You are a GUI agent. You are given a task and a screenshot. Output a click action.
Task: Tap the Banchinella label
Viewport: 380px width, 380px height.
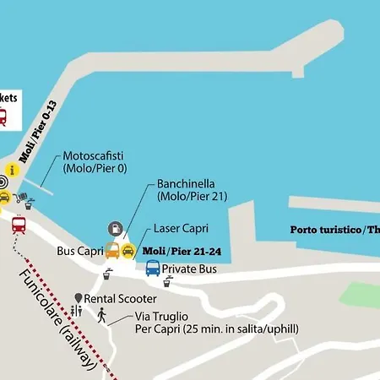187,183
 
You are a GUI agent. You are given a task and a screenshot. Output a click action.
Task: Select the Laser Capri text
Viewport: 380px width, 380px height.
181,229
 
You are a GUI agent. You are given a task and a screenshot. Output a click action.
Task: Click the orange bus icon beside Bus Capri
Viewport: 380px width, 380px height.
111,251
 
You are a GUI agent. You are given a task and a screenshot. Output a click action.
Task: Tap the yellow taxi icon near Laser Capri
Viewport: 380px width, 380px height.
128,251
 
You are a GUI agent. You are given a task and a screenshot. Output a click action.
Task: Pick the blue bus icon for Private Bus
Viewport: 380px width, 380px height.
152,269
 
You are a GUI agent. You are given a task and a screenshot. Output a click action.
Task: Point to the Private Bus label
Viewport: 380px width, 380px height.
190,269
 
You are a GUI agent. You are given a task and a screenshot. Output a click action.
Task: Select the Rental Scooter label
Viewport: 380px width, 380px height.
120,299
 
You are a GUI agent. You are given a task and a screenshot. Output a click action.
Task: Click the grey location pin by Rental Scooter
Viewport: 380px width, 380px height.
78,299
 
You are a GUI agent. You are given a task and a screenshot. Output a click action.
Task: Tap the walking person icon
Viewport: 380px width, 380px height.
101,316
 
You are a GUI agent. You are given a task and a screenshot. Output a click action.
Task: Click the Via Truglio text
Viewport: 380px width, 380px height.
160,317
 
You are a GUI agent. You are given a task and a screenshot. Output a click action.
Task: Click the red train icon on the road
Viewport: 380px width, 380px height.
18,225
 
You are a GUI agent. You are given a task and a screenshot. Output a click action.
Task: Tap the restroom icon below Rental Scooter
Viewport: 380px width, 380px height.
78,312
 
